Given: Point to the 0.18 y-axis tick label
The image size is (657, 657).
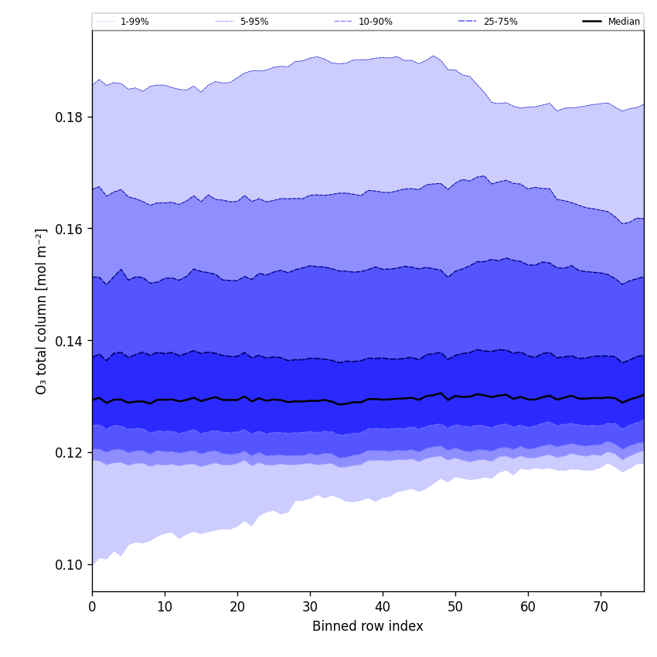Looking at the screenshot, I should pos(69,117).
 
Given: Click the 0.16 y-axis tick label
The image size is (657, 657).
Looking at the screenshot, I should pos(69,229).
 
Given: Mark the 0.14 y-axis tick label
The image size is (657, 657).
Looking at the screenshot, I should pos(69,341).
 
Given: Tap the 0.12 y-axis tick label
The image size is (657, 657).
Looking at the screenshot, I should pos(69,453).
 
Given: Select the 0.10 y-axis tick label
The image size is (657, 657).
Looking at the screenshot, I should pos(69,565).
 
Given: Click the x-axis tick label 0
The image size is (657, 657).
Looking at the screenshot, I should pos(92,608).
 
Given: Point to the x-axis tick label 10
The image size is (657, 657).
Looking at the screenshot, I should pos(165,608).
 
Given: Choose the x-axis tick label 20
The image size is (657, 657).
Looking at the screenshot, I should pos(237,608).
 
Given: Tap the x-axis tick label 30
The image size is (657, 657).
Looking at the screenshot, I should pos(310,608).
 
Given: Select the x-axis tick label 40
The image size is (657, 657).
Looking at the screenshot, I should pos(383,608).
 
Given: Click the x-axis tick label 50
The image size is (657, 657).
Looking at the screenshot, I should pos(455,608).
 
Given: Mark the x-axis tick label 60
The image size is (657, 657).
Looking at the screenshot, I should pos(528,608).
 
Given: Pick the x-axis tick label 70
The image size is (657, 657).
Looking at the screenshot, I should pos(601,608).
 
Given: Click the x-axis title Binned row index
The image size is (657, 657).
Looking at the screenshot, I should pos(368,627).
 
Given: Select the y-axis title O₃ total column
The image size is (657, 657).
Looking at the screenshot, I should pos(42,311).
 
